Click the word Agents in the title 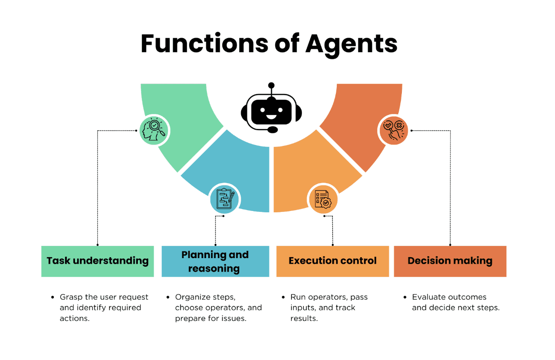[x=352, y=44]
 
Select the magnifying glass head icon [x=154, y=130]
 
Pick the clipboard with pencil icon [x=225, y=199]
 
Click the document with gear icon [x=323, y=199]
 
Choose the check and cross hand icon [x=393, y=130]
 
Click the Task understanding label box [x=97, y=261]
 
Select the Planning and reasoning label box [x=215, y=261]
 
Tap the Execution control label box [x=332, y=261]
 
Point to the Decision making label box [x=450, y=261]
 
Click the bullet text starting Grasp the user [x=104, y=307]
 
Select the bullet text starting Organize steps [x=218, y=307]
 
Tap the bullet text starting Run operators [x=329, y=307]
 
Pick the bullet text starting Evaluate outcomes [x=455, y=302]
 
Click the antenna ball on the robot [x=271, y=85]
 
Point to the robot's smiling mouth [x=271, y=116]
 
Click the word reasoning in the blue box [x=214, y=268]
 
